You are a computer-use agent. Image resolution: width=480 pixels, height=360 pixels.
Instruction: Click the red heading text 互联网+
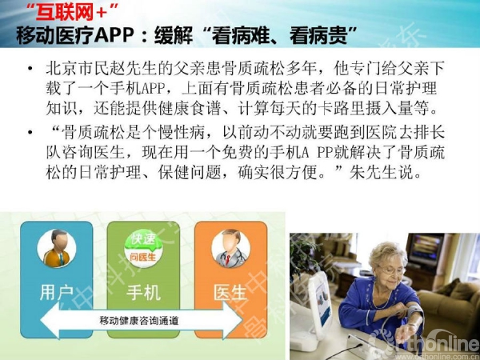tap(71, 13)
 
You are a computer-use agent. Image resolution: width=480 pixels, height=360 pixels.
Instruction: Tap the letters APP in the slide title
tap(114, 35)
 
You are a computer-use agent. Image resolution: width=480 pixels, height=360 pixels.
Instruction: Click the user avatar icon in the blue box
tap(57, 248)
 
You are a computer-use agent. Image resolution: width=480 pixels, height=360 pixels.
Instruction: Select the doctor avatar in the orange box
tap(230, 248)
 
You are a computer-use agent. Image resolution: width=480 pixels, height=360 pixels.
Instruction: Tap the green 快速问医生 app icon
tap(143, 248)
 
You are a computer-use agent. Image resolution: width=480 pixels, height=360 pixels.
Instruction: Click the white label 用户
tap(57, 292)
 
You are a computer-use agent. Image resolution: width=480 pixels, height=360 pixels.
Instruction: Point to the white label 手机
tap(143, 292)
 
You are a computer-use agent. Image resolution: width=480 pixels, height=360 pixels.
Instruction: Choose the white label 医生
tap(230, 292)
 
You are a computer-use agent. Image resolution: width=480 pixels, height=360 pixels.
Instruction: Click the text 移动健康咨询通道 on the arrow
tap(138, 321)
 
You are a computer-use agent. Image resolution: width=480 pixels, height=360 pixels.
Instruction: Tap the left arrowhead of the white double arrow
tap(50, 321)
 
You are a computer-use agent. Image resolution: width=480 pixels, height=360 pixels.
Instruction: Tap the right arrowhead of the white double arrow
tap(234, 321)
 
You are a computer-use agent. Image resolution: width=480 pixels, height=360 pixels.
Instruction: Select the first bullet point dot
tap(30, 68)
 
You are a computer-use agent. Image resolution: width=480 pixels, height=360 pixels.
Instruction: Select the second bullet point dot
tap(30, 132)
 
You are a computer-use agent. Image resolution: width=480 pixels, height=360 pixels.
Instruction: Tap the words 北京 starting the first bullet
tap(62, 68)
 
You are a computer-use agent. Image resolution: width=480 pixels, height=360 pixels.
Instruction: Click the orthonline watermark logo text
tap(441, 344)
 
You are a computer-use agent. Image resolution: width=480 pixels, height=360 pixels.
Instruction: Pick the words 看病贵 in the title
tap(318, 35)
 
